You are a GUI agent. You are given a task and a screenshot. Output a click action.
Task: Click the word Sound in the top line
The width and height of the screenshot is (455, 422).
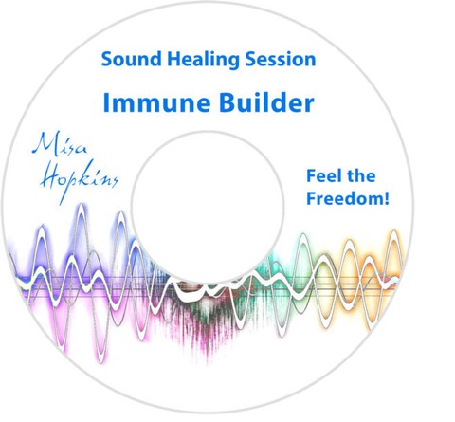point(131,59)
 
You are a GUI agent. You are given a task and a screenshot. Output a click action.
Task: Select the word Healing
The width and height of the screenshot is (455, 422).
point(203,61)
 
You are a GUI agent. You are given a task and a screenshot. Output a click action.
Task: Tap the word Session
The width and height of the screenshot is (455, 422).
point(281,59)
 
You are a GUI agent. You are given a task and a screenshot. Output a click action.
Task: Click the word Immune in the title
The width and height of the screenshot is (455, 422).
point(156,102)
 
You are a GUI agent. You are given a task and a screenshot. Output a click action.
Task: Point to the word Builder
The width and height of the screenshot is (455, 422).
point(266,102)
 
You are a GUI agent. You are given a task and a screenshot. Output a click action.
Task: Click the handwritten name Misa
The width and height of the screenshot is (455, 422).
point(60,145)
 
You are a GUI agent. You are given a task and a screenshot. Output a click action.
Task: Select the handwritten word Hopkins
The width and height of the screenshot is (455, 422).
point(79,181)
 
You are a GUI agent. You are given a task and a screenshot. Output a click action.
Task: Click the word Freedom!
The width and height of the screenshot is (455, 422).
point(348,198)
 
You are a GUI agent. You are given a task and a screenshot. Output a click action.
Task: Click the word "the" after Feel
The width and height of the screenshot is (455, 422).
point(359,175)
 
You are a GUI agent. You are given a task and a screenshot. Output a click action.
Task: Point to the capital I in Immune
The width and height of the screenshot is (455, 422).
point(106,102)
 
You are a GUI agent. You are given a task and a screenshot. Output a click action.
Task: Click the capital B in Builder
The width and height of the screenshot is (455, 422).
point(227,102)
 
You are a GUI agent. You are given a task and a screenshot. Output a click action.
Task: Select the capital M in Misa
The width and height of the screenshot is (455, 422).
point(45,144)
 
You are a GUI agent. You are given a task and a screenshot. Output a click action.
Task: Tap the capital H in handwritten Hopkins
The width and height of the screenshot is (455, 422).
point(51,177)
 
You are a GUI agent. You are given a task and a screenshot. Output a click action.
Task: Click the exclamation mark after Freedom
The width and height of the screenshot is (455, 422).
point(386,198)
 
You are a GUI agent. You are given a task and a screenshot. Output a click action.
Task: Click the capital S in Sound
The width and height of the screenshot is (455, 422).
point(107,59)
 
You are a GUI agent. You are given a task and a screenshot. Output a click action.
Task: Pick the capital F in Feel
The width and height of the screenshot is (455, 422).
point(311,176)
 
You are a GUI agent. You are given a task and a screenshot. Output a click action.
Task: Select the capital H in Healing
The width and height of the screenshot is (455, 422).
point(173,59)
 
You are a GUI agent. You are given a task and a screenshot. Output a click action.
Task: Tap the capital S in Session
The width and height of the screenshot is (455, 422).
point(251,59)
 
